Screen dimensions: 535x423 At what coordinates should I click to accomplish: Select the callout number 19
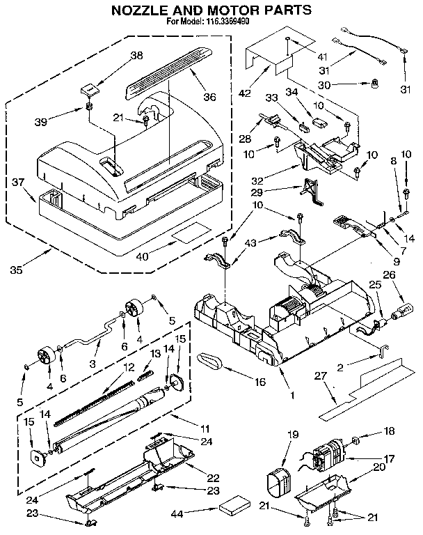pyautogui.click(x=293, y=435)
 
